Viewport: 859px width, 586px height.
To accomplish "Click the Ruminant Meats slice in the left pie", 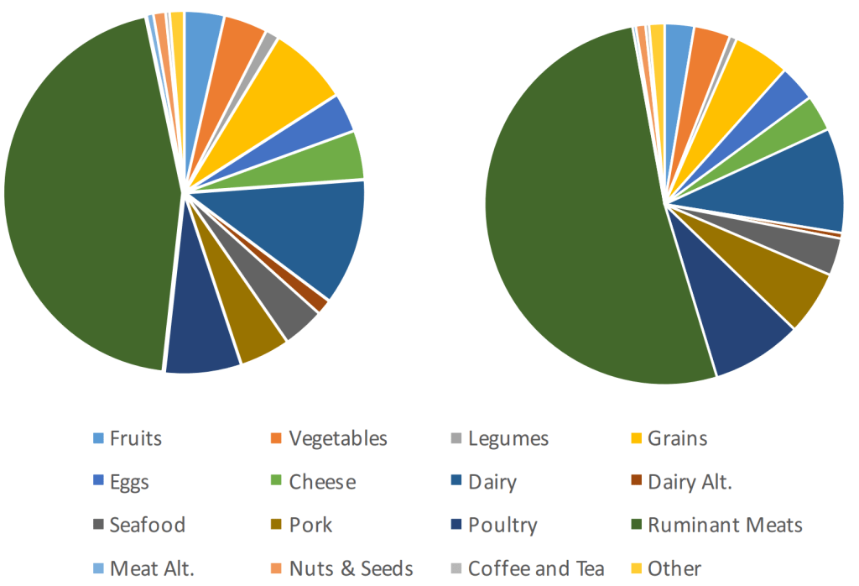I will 84,201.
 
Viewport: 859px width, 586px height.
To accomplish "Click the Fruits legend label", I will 135,438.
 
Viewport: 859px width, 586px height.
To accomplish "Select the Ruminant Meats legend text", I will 725,526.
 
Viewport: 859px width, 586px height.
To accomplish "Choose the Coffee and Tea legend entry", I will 536,568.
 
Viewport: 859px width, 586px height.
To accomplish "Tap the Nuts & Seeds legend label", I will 351,568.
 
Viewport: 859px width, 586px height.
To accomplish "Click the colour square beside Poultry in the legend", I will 456,526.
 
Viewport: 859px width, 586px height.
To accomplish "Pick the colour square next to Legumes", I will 456,438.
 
